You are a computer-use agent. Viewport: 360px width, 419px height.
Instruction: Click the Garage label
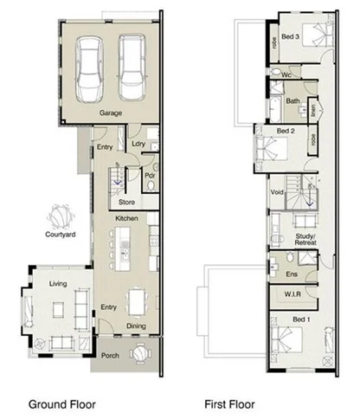(x=110, y=113)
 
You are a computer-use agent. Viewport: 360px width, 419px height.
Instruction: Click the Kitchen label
(x=127, y=220)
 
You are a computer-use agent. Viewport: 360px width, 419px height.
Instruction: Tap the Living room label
(x=59, y=283)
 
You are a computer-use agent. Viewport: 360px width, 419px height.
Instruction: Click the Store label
(x=127, y=203)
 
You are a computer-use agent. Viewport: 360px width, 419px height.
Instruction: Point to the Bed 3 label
(x=291, y=37)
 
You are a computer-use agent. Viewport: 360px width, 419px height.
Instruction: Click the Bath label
(x=293, y=100)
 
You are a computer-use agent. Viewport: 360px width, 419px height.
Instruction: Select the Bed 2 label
(x=286, y=131)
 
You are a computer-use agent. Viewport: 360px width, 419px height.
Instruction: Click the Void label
(x=278, y=191)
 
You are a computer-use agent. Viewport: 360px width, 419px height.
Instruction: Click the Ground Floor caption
(x=61, y=403)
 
